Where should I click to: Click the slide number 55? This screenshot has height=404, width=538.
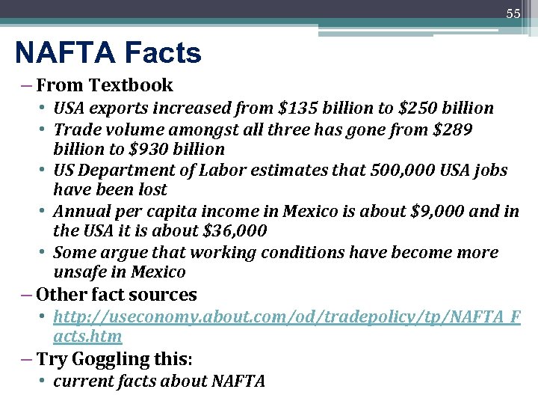(513, 13)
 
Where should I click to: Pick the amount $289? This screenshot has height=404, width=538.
(452, 129)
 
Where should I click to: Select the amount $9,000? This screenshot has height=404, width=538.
(448, 212)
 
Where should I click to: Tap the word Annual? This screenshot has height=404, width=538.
(82, 212)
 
